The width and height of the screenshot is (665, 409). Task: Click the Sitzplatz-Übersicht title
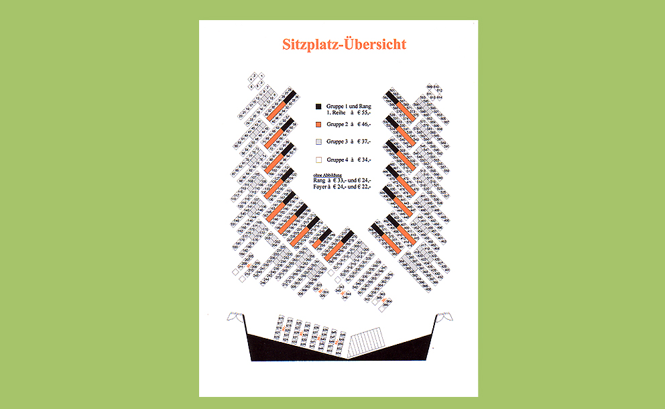(339, 44)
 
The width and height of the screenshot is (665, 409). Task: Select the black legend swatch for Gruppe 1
(318, 106)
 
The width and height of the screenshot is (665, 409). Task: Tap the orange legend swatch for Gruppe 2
(318, 125)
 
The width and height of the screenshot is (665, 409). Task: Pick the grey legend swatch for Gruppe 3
(318, 142)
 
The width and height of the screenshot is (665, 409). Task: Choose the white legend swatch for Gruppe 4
(318, 160)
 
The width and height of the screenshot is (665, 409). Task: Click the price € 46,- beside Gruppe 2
(363, 125)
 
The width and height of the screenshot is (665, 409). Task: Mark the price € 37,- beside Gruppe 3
(363, 142)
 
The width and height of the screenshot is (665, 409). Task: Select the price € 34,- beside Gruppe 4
(363, 160)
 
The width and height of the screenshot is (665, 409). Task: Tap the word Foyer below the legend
(320, 188)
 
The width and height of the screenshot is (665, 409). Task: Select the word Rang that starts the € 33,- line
(318, 181)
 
